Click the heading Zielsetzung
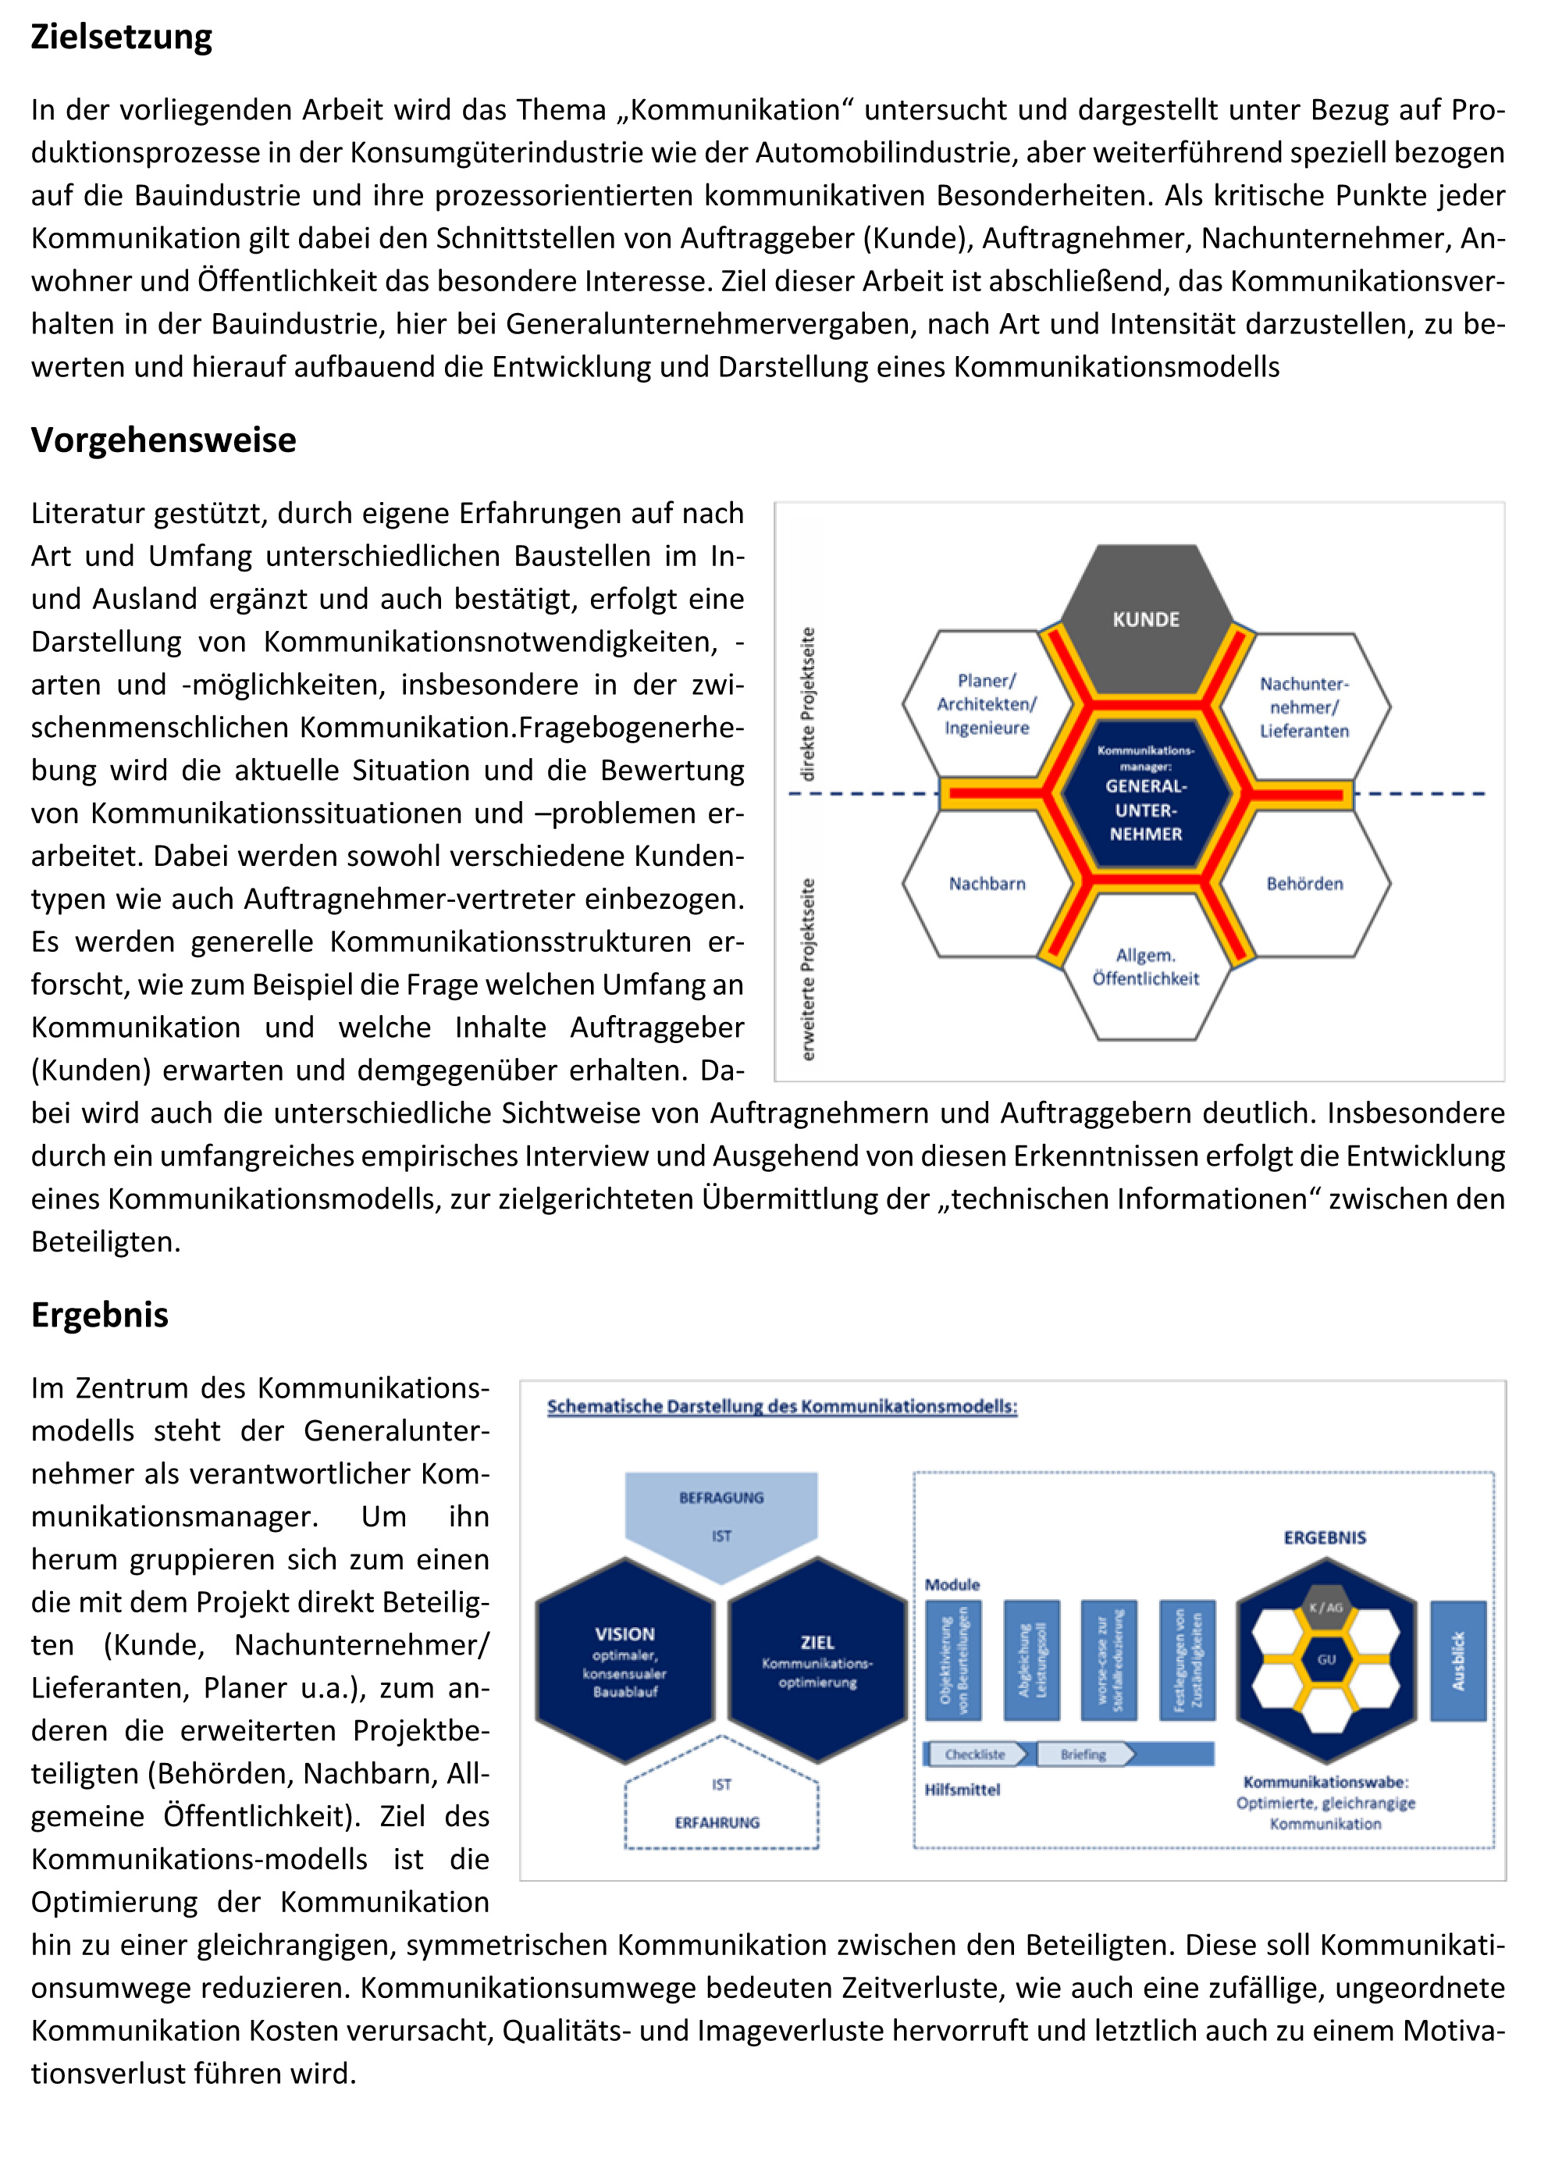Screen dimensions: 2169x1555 [122, 37]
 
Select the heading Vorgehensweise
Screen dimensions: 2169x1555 [163, 440]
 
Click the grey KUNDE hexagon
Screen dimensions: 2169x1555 [1146, 618]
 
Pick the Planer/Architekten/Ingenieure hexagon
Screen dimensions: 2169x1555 [986, 704]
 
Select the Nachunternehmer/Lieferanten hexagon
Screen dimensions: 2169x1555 [1304, 707]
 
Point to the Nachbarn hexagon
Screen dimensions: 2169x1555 [986, 884]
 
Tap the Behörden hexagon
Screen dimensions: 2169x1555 [1304, 884]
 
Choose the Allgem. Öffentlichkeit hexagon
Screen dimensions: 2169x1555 [1146, 967]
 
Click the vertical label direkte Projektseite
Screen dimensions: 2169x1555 [808, 704]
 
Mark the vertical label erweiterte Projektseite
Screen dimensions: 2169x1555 [808, 969]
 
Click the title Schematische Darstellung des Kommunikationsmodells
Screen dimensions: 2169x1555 [781, 1407]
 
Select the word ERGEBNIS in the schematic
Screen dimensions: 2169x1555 [1325, 1538]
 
